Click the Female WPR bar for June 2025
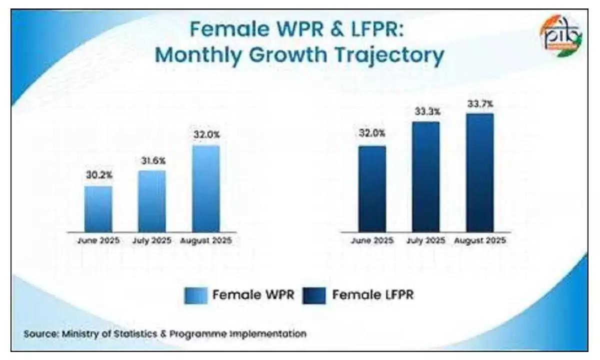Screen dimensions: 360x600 point(98,209)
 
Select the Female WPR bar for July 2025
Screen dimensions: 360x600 point(152,201)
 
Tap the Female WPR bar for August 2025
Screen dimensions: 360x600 point(205,189)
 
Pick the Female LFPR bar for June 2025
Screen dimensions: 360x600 point(371,189)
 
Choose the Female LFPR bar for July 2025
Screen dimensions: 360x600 point(425,177)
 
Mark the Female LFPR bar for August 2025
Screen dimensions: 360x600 point(479,172)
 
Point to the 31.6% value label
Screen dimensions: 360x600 point(152,161)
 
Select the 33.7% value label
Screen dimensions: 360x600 point(479,104)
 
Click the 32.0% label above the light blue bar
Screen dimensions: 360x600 point(205,135)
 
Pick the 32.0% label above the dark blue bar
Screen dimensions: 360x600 point(371,134)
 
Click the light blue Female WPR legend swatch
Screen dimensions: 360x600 point(196,295)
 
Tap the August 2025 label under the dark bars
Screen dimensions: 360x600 point(480,240)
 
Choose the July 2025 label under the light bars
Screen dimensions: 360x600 point(152,240)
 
